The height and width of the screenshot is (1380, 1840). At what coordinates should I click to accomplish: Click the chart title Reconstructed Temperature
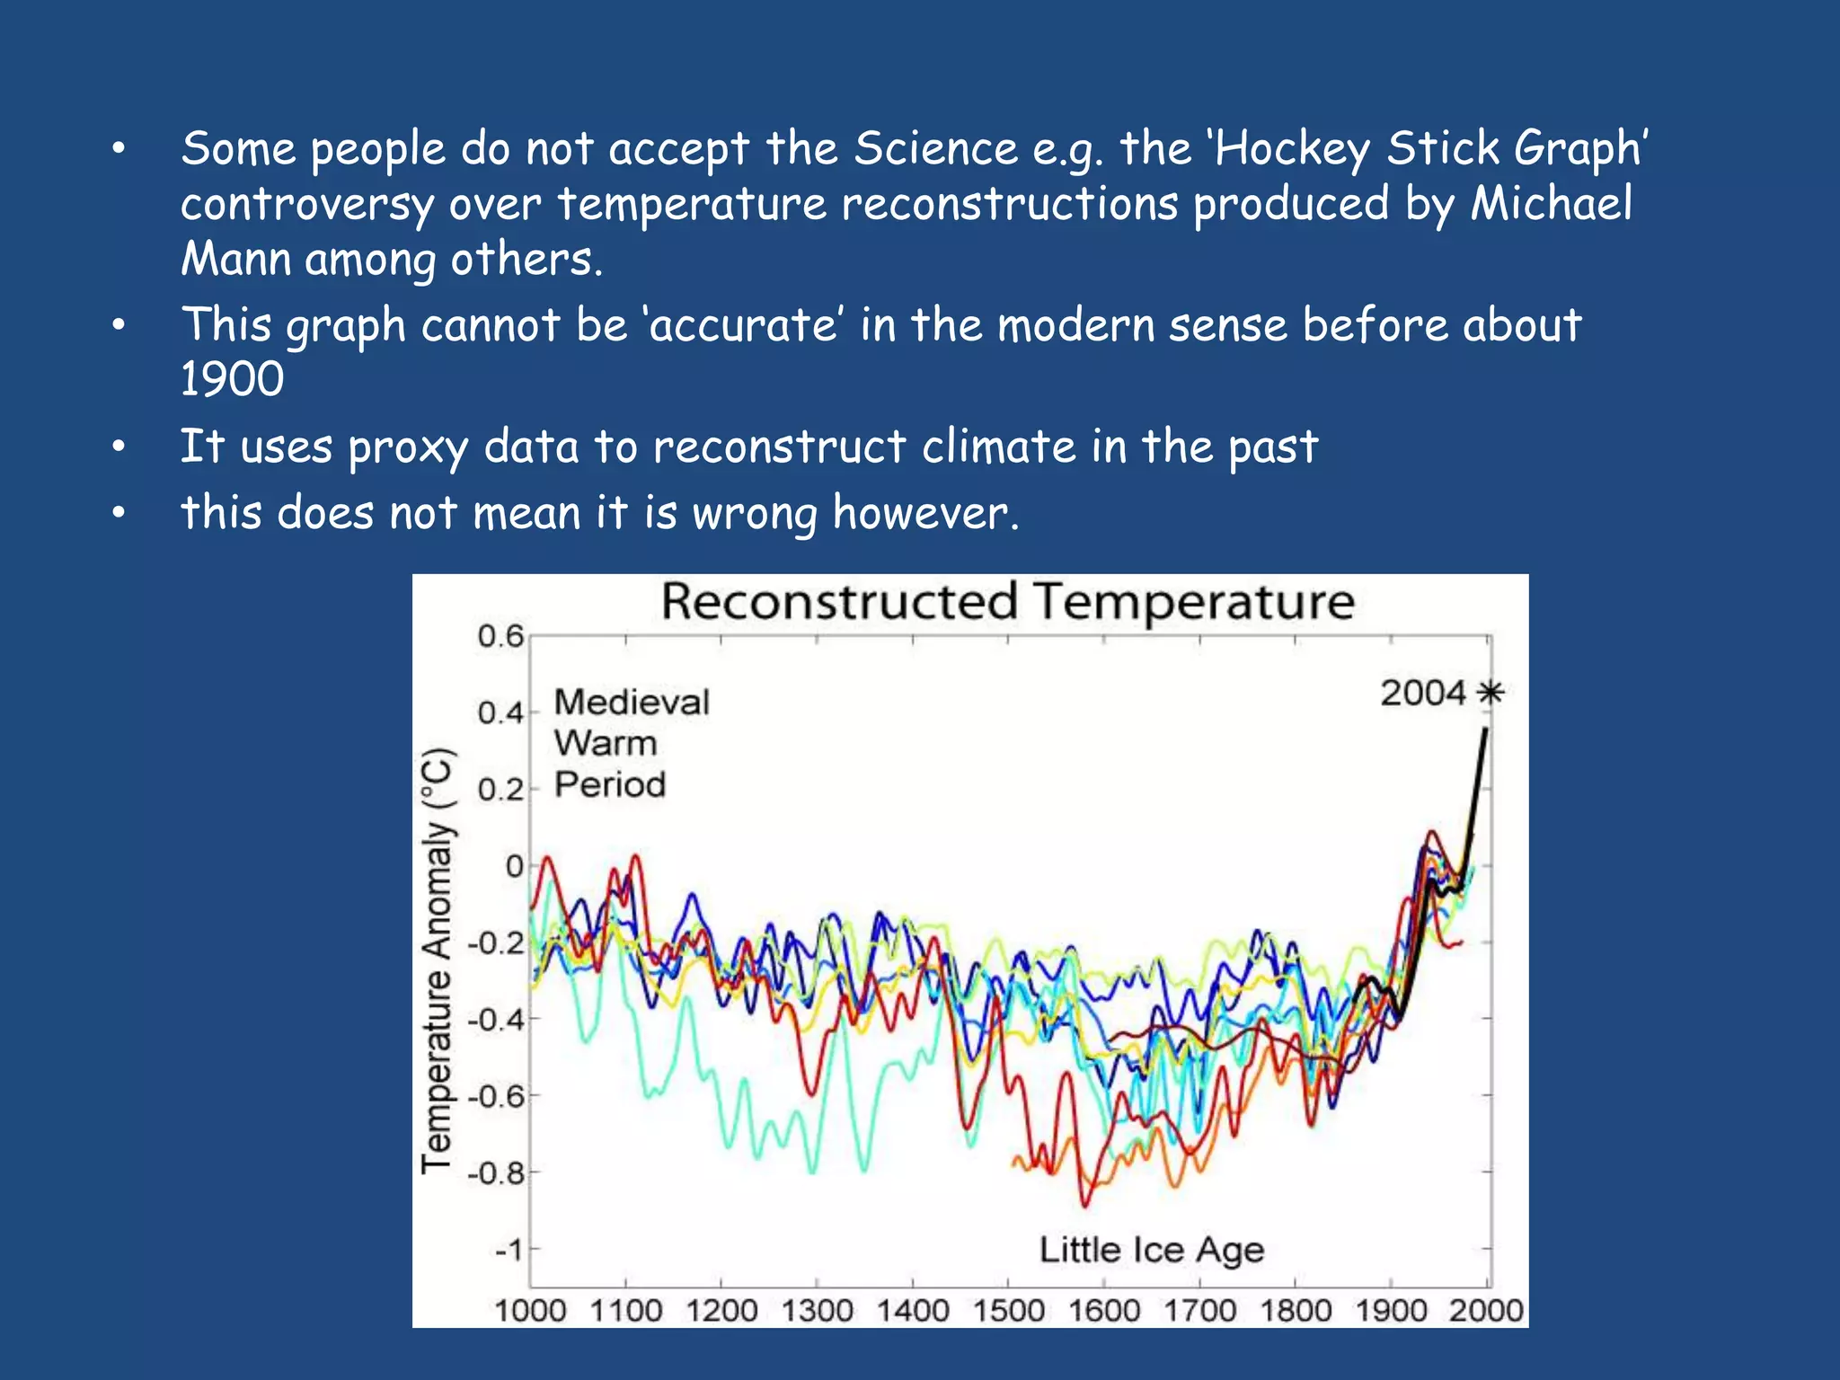[x=1007, y=602]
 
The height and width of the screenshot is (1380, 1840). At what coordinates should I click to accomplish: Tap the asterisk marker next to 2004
[x=1491, y=693]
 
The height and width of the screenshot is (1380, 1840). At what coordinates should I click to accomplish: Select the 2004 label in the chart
[x=1422, y=694]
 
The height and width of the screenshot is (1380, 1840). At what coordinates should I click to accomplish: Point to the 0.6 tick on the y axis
[x=500, y=636]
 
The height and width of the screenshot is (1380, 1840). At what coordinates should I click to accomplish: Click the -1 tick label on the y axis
[x=509, y=1250]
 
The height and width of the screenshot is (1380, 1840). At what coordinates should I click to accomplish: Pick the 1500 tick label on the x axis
[x=1008, y=1311]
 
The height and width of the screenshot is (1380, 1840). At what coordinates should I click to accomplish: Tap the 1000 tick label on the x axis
[x=530, y=1311]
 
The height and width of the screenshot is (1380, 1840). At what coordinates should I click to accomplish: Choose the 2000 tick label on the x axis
[x=1486, y=1311]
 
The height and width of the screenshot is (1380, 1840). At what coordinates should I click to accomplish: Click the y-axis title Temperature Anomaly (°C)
[x=438, y=960]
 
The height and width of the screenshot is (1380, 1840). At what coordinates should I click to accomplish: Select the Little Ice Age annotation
[x=1151, y=1250]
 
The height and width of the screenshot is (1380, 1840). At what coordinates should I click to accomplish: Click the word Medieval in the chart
[x=632, y=703]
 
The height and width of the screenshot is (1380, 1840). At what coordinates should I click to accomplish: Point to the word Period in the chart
[x=610, y=784]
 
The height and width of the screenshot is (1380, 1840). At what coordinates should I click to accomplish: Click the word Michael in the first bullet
[x=1551, y=204]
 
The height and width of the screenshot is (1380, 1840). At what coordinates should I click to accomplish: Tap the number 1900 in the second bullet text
[x=232, y=379]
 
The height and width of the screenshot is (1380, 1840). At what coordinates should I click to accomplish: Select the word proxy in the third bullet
[x=408, y=447]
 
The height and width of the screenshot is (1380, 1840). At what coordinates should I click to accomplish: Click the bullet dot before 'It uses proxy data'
[x=119, y=447]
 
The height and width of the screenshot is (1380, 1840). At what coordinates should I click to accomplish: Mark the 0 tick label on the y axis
[x=514, y=866]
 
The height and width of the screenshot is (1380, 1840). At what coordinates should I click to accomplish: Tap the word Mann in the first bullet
[x=235, y=260]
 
